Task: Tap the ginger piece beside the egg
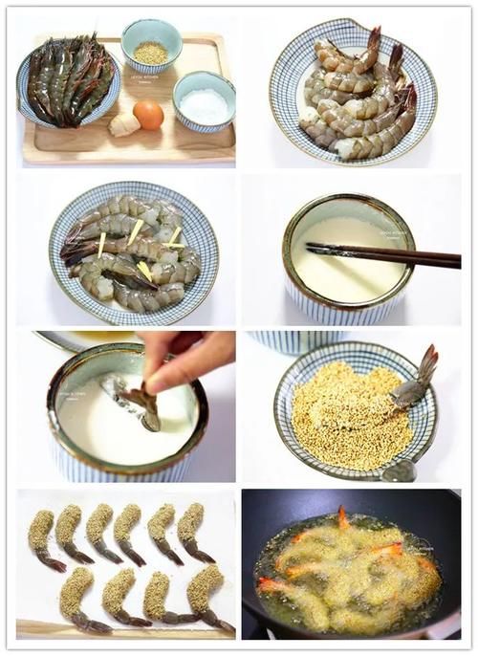[x=122, y=124]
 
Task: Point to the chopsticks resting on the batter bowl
[x=382, y=255]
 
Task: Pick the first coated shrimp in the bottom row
[x=76, y=598]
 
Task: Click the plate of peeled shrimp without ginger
[x=354, y=96]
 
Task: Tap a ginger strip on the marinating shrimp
[x=134, y=232]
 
